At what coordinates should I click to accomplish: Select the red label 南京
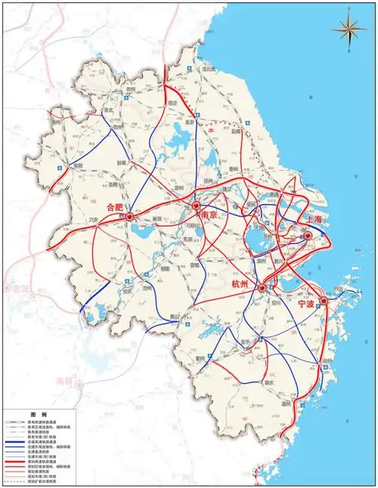(x=209, y=215)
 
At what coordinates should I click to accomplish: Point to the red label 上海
(x=317, y=219)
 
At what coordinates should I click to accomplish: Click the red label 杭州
(x=244, y=283)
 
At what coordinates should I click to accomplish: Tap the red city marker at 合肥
(x=129, y=216)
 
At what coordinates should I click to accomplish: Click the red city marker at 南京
(x=196, y=206)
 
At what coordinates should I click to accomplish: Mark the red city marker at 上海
(x=308, y=236)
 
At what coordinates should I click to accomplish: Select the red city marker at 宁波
(x=323, y=301)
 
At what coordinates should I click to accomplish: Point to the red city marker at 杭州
(x=262, y=289)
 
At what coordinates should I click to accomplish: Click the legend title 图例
(x=38, y=415)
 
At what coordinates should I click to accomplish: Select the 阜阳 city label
(x=77, y=165)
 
